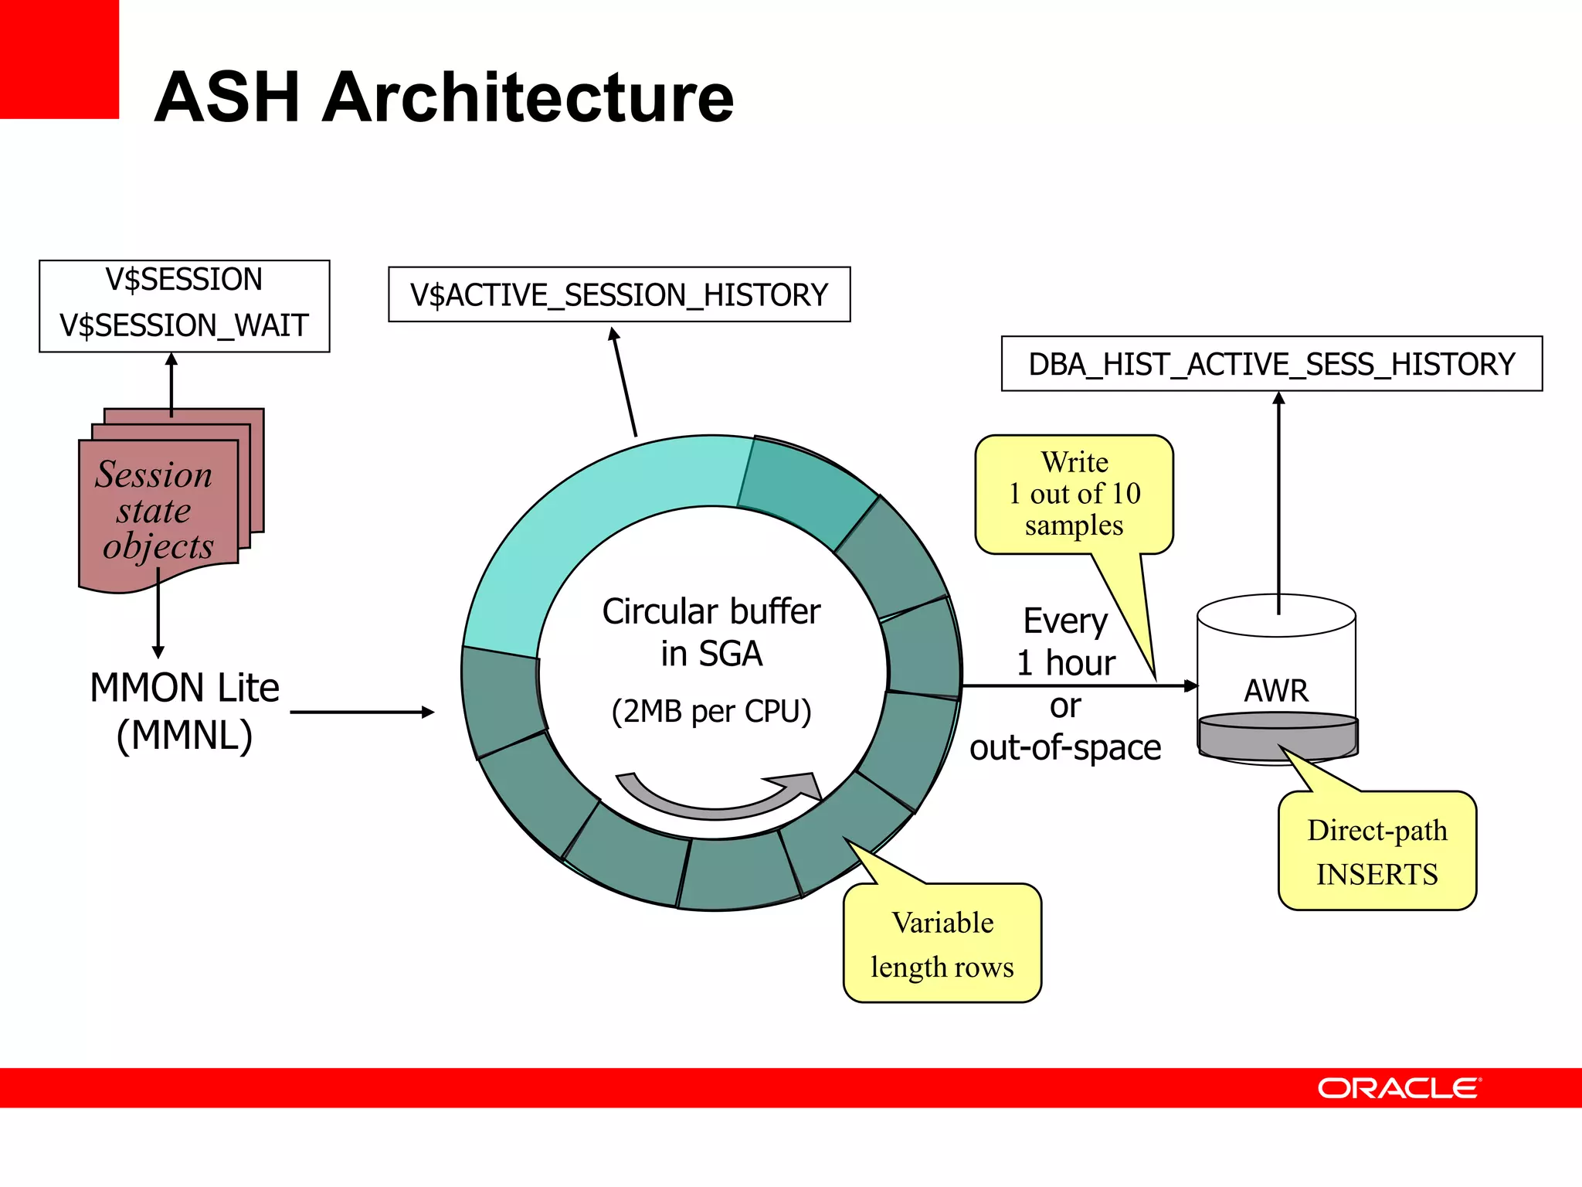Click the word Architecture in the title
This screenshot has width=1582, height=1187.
[x=528, y=98]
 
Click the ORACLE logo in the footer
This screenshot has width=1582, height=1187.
[x=1398, y=1088]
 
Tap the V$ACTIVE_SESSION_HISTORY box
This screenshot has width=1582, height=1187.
[x=619, y=294]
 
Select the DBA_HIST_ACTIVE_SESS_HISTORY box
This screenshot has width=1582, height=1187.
[x=1271, y=364]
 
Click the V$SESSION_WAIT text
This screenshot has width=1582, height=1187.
[x=184, y=325]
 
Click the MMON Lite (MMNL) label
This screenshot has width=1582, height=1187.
[x=184, y=710]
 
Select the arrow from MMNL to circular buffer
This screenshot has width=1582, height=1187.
[x=362, y=713]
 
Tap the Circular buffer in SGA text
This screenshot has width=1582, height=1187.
[x=711, y=631]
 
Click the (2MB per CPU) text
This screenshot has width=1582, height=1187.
[x=711, y=711]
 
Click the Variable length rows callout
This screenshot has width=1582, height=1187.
[x=942, y=944]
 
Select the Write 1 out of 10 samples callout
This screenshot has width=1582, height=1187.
[x=1074, y=494]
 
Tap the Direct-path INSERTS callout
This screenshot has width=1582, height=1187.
[x=1377, y=851]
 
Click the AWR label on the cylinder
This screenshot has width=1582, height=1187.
[x=1276, y=690]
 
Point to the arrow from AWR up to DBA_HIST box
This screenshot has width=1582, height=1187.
[x=1278, y=502]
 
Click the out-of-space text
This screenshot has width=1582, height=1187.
[x=1065, y=747]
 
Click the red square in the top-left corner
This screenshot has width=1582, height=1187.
[x=59, y=59]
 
